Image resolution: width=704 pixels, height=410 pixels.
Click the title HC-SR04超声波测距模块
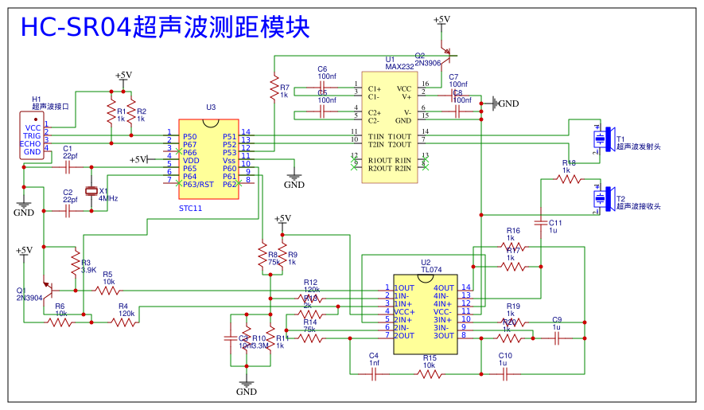[165, 27]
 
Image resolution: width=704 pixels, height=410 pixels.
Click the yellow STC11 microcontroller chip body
[208, 159]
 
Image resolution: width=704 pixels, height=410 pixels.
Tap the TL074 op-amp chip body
[426, 311]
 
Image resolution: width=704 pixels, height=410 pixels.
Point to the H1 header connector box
[33, 135]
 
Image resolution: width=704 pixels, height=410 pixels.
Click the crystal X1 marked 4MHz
[91, 190]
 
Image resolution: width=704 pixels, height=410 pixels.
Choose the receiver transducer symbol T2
[605, 199]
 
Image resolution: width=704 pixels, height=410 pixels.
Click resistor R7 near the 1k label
[274, 87]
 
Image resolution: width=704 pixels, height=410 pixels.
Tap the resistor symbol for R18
[569, 180]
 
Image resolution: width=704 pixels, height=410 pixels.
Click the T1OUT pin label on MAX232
[399, 136]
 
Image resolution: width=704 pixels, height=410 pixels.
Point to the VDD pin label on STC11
[191, 160]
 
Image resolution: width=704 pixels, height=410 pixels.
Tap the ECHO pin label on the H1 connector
[32, 144]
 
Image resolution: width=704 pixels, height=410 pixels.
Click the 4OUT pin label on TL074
[444, 288]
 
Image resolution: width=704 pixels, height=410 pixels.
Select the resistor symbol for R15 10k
[430, 373]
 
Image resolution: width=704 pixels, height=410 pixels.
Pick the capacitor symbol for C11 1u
[540, 222]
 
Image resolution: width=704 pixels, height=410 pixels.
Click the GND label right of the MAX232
[508, 103]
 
